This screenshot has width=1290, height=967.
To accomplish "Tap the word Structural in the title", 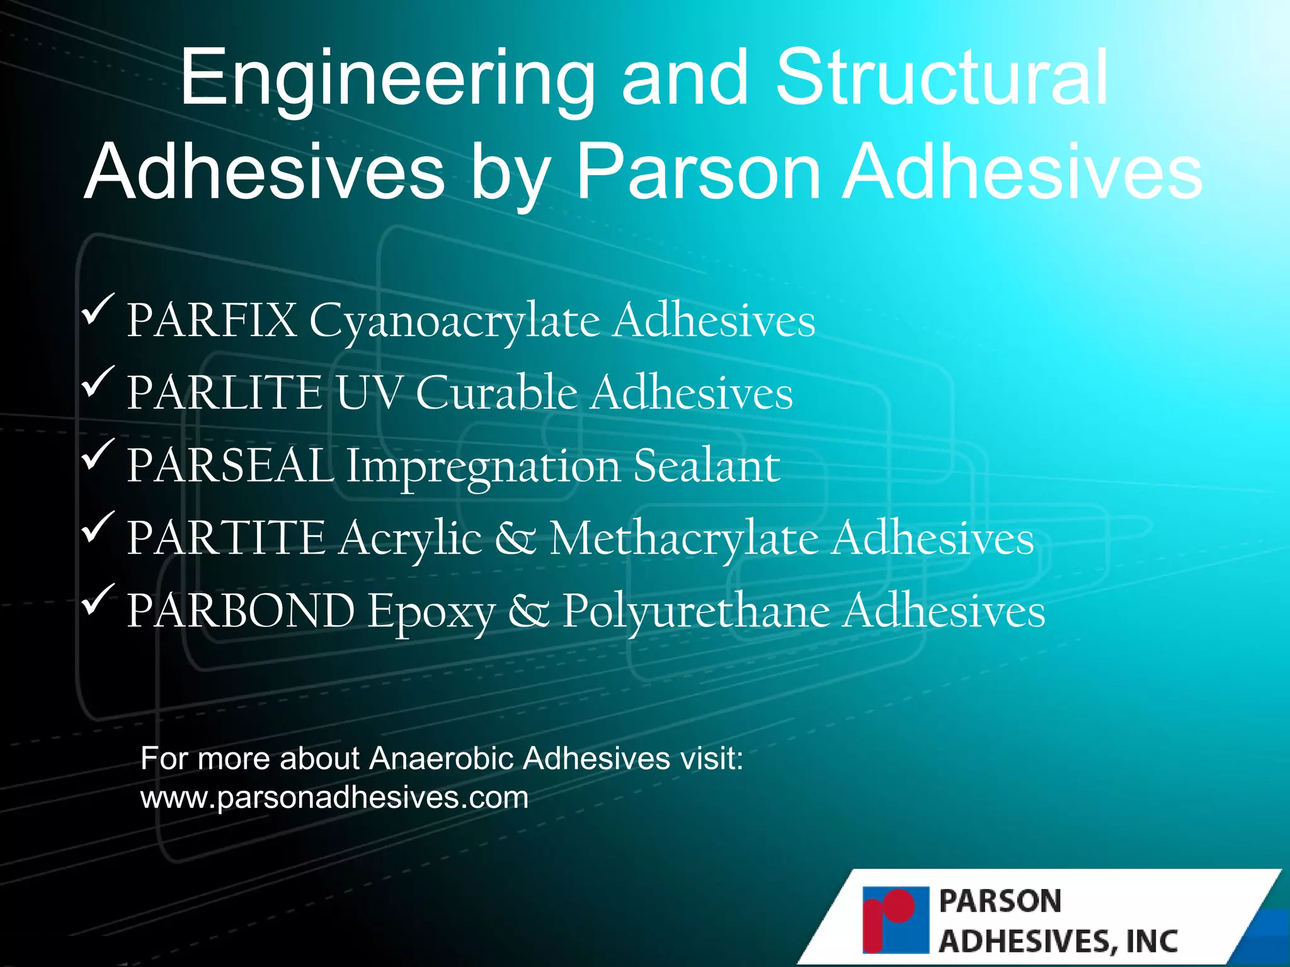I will click(x=942, y=79).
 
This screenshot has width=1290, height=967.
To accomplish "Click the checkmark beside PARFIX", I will click(x=98, y=309).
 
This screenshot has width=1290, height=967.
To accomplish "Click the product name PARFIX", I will click(x=212, y=321).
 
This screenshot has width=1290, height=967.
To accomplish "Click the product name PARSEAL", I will click(x=230, y=466).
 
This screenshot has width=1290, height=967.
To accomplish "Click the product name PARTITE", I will click(x=225, y=538).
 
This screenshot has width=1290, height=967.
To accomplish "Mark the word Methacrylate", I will click(x=684, y=538).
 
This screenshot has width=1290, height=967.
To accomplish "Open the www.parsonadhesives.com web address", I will click(x=334, y=798).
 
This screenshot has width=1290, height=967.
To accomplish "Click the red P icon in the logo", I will click(x=895, y=919).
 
